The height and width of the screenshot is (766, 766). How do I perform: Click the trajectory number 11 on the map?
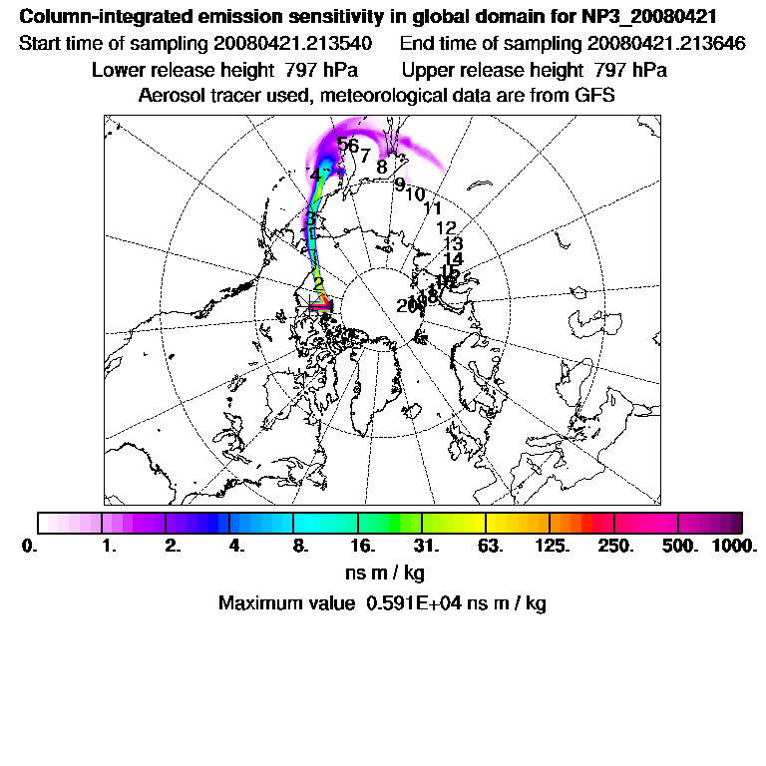click(x=433, y=208)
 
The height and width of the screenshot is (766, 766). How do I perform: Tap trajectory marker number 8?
click(x=382, y=167)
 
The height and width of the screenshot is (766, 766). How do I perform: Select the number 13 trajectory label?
click(x=453, y=243)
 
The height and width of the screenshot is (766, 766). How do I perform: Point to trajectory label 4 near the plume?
click(x=315, y=175)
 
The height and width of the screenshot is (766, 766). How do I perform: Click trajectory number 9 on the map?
click(x=400, y=185)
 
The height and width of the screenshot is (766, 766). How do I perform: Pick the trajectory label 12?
click(x=446, y=228)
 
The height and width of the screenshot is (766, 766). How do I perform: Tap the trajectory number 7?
click(x=366, y=156)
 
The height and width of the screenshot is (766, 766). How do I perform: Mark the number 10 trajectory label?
click(x=415, y=194)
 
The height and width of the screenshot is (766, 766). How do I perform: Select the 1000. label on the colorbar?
click(x=734, y=547)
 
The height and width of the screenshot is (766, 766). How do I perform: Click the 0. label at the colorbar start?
click(x=29, y=547)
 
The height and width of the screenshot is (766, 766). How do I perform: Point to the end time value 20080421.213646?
click(x=667, y=44)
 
